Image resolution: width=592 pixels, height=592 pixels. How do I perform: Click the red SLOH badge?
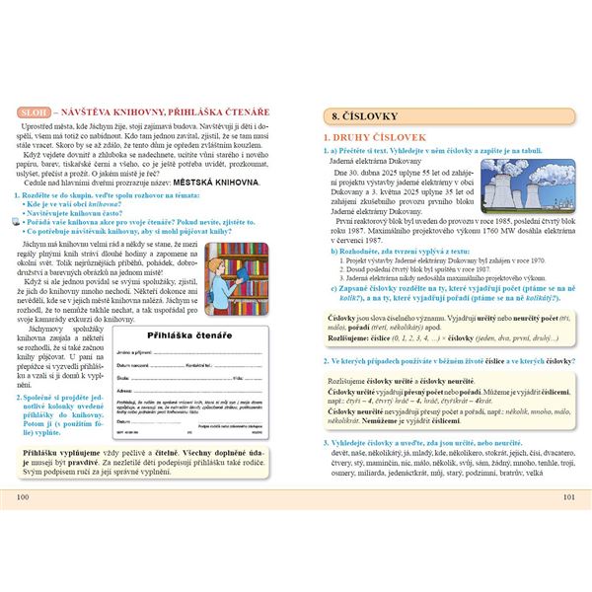coord(33,113)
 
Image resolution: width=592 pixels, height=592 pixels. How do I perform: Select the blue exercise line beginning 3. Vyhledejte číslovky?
coord(434,444)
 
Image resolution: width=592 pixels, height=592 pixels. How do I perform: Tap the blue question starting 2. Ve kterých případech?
coord(444,362)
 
